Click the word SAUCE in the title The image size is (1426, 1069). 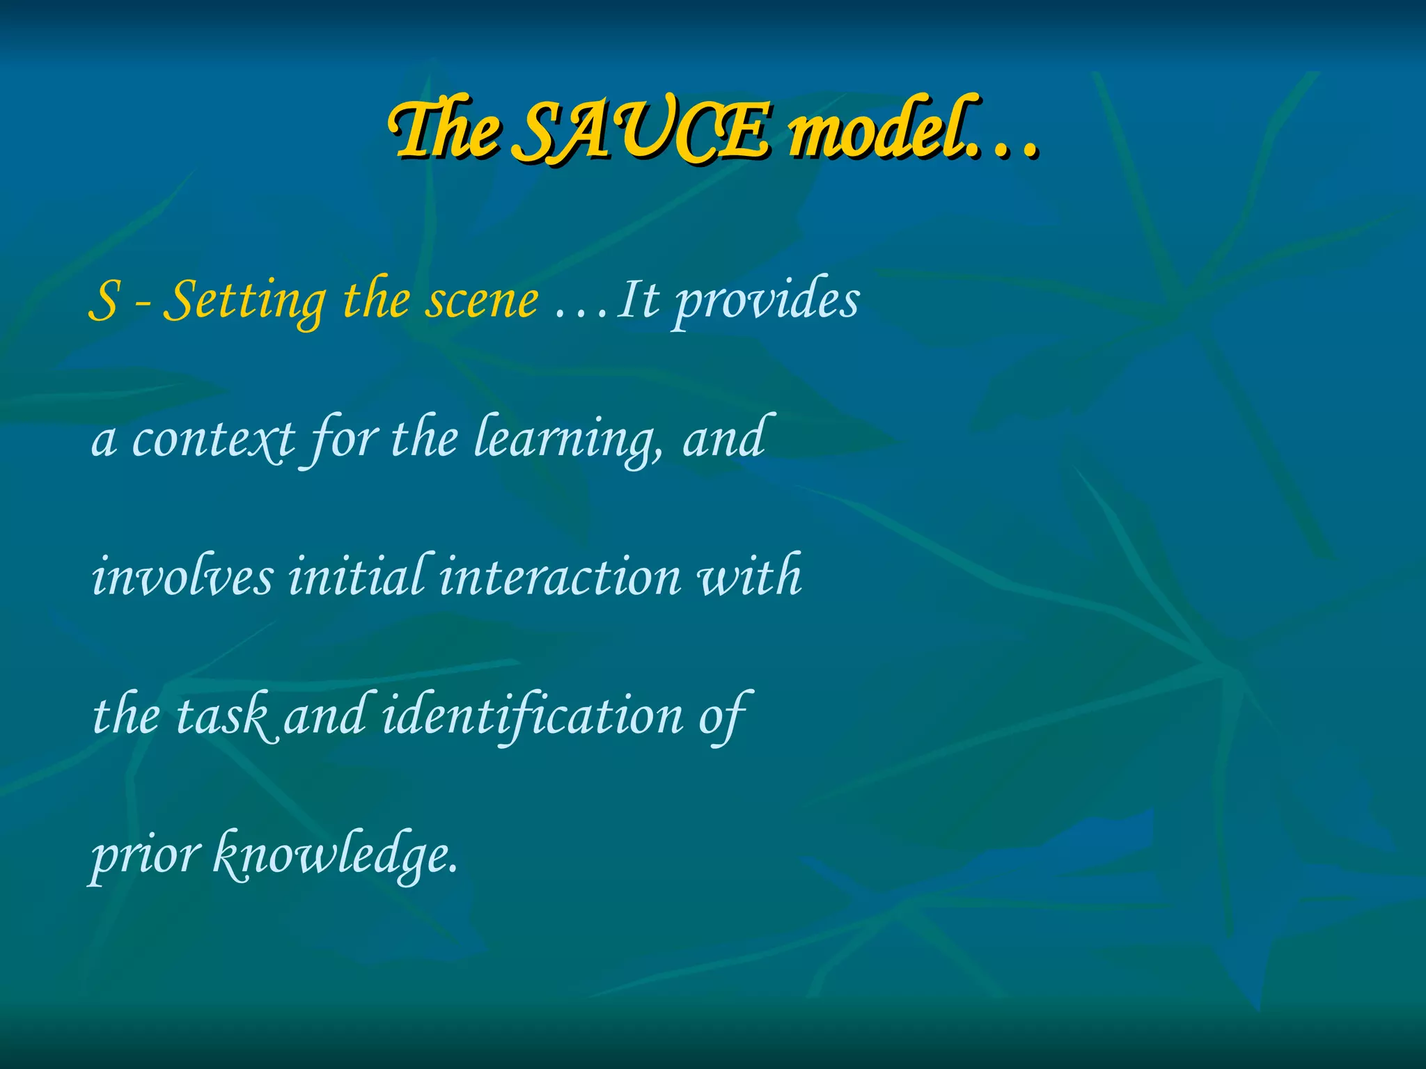644,132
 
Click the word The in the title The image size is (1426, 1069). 446,132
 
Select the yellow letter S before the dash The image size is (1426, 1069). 104,301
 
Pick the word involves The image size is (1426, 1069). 182,578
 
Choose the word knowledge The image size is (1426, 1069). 334,856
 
